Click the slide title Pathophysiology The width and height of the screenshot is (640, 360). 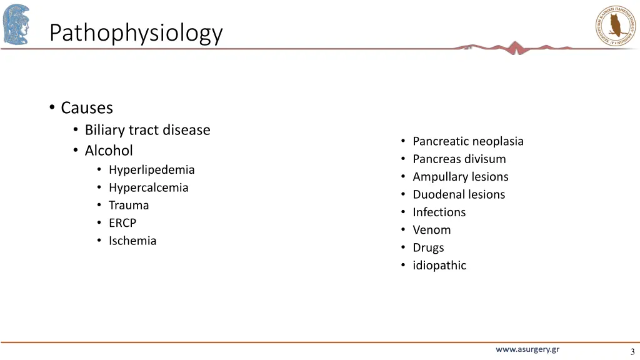tap(136, 32)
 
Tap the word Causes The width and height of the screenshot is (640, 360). tap(87, 108)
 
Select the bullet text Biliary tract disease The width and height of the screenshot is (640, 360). tap(147, 130)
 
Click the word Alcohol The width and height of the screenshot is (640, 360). tap(109, 151)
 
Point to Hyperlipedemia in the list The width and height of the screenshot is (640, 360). tap(151, 170)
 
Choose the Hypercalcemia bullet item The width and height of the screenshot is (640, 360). tap(148, 187)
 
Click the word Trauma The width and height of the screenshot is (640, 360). tap(129, 205)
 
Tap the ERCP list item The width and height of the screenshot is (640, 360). tap(122, 223)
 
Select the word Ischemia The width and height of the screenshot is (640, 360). tap(132, 241)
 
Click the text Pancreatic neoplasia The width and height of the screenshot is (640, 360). tap(468, 141)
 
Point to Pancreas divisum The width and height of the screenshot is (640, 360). tap(459, 159)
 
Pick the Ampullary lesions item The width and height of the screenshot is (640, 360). tap(461, 177)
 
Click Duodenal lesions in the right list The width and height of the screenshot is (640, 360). tap(459, 194)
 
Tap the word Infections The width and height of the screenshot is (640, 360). tap(439, 212)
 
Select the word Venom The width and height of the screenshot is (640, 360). tap(432, 230)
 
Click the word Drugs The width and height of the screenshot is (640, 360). tap(428, 247)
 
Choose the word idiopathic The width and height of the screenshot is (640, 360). tap(439, 266)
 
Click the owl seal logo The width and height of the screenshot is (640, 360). tap(615, 25)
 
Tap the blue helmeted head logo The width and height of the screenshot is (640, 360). tap(16, 24)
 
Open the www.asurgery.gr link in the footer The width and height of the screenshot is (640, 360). tap(527, 350)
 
